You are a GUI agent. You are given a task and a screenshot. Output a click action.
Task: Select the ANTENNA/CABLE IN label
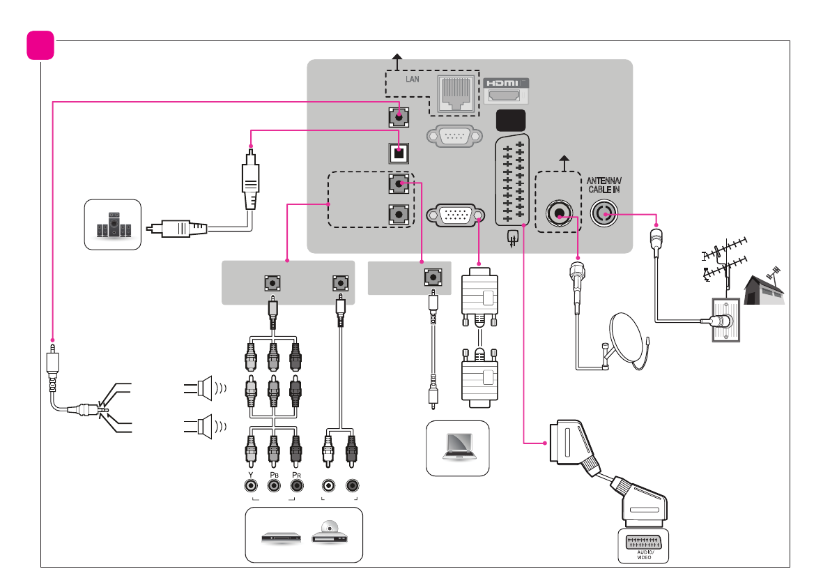click(x=603, y=185)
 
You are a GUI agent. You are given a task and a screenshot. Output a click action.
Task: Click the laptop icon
click(x=457, y=447)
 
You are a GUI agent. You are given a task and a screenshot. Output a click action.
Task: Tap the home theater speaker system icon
click(x=113, y=224)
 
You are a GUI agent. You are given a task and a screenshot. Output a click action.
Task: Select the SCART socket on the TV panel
click(x=513, y=180)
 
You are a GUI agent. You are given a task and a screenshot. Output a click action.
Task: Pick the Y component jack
click(x=250, y=485)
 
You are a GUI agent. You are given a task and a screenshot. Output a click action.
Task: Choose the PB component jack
click(x=274, y=485)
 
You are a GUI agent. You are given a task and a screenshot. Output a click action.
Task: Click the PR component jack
click(x=297, y=485)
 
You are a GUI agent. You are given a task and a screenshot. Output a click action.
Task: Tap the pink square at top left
click(x=40, y=45)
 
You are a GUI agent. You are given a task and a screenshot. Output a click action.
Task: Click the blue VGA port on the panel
click(x=456, y=215)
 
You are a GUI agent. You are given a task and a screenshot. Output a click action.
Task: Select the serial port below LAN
click(x=456, y=136)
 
